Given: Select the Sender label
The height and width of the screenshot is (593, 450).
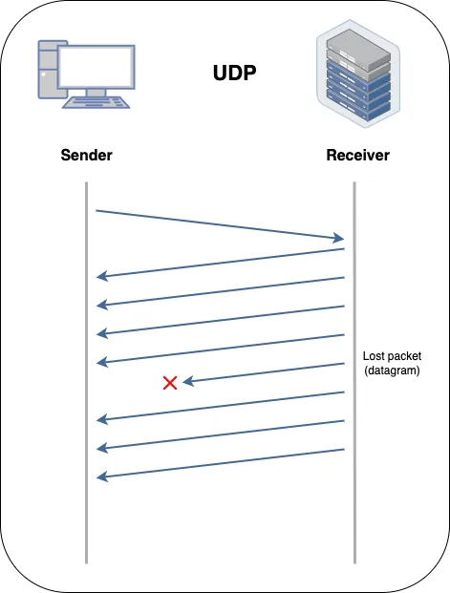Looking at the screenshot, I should pos(86,155).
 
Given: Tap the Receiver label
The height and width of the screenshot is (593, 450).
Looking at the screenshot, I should pos(357,155).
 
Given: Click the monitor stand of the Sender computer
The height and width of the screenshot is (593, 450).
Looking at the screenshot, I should pos(96,95).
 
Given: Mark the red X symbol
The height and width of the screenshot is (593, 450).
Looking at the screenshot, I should pos(170,383).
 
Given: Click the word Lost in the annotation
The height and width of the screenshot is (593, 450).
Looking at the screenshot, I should pos(374,356).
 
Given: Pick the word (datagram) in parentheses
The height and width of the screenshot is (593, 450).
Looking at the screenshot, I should pos(392,371).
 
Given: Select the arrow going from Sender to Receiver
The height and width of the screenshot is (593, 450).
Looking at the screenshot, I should pos(220,224).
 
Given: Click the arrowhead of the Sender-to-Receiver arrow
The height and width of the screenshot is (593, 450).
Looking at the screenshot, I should pos(338,238).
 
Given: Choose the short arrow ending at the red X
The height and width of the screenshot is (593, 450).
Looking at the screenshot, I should pos(263,372).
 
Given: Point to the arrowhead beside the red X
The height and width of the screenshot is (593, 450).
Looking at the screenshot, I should pos(188,381).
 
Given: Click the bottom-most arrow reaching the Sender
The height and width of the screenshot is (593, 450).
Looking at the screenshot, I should pos(220,463).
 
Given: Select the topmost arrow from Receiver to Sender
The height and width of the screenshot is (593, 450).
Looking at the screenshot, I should pos(220,264).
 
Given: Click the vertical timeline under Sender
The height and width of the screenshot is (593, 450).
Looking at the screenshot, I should pos(86,382).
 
